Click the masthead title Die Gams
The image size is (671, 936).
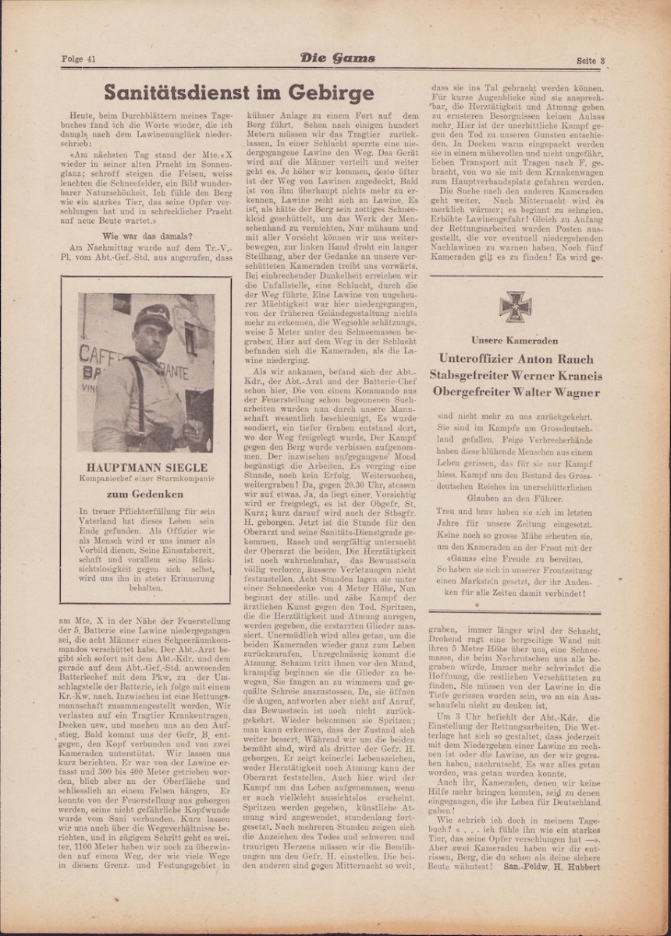(x=337, y=58)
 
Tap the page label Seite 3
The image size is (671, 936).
(x=591, y=61)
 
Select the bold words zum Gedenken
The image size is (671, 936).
(x=146, y=494)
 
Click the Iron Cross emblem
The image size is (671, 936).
(x=515, y=306)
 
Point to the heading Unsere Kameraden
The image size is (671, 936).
(x=515, y=340)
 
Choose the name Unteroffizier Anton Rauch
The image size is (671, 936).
(x=516, y=359)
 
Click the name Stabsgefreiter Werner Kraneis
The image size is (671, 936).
(x=516, y=375)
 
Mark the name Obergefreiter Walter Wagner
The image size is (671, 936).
(x=516, y=392)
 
